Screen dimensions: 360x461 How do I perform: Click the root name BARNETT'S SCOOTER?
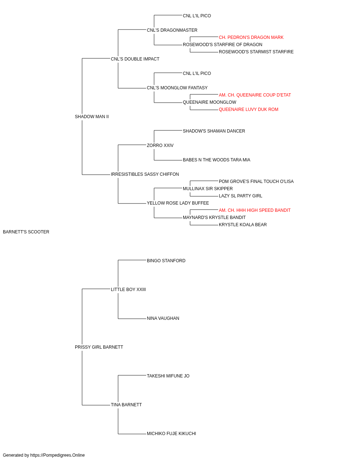pos(26,232)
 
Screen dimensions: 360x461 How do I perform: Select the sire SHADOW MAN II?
pos(92,117)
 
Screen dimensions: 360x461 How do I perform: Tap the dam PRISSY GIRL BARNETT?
pos(99,347)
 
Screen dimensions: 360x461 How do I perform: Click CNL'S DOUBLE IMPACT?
pos(135,59)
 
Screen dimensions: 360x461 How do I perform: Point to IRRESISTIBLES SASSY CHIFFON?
pos(145,174)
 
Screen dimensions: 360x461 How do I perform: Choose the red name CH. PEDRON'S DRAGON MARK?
pos(251,37)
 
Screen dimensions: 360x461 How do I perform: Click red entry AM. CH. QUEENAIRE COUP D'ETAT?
pos(255,95)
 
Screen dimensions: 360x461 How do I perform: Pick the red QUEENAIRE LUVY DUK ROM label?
pos(248,109)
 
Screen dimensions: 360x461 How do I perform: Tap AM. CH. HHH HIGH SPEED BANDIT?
pos(255,210)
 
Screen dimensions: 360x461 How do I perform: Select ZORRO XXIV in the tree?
pos(160,145)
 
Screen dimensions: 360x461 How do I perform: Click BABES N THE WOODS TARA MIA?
pos(216,160)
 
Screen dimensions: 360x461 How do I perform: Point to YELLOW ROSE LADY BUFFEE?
pos(178,203)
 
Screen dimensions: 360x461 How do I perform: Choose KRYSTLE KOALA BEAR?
pos(243,225)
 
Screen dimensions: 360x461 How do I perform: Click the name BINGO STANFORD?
pos(166,260)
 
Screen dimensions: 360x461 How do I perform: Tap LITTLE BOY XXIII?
pos(128,289)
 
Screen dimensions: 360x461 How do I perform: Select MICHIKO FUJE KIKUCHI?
pos(171,433)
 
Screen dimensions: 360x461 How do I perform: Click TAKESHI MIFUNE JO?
pos(168,376)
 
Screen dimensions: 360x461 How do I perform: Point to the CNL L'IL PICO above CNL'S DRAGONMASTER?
pos(197,16)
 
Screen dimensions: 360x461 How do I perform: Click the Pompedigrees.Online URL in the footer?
pos(57,455)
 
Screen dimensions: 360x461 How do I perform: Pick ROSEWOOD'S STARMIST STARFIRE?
pos(256,52)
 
